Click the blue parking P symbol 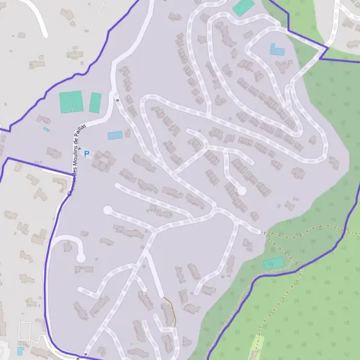point(86,154)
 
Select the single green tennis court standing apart point(95,102)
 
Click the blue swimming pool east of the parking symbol point(115,136)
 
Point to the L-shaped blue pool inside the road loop point(276,50)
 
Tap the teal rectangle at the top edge point(243,7)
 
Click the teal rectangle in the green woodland point(274,263)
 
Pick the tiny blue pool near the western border point(46,129)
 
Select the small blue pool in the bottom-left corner point(20,350)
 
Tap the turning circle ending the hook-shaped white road point(80,257)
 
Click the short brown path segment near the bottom point(172,311)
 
